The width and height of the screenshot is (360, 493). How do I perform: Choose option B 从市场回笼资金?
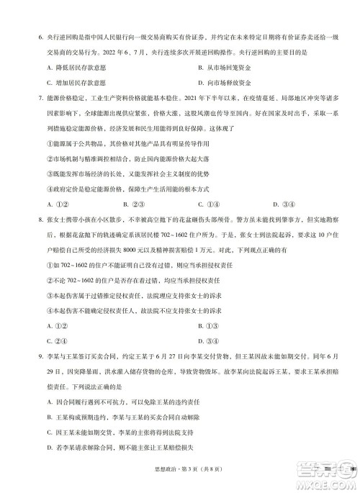[x=229, y=67]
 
